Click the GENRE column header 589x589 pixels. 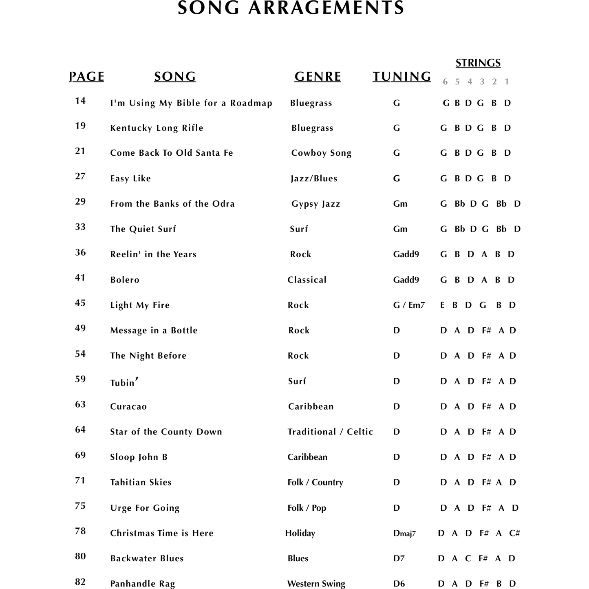pos(318,76)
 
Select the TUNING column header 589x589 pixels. pos(401,76)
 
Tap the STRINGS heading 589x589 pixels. pos(478,63)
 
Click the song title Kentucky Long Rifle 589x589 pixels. pos(157,128)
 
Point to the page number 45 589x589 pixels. pos(80,303)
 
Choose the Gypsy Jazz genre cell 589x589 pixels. pos(315,204)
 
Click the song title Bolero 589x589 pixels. pos(125,280)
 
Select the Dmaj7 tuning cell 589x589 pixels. pos(404,533)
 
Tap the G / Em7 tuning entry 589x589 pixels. pos(409,305)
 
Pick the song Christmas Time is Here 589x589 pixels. pos(162,533)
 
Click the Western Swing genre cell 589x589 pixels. pos(316,584)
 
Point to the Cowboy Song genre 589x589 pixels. pos(321,153)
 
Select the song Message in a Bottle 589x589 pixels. pos(154,330)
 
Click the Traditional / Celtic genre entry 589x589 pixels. pos(330,432)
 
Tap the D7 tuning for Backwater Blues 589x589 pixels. pos(399,558)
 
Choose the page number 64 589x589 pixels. pos(80,430)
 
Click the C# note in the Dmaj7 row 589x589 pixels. pos(514,533)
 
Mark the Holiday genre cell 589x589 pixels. pos(300,533)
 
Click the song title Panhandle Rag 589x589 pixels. pos(142,584)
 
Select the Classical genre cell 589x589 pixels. pos(307,280)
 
